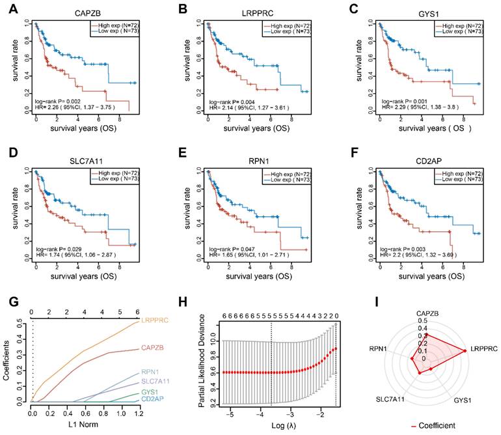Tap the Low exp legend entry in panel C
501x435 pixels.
click(x=460, y=32)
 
